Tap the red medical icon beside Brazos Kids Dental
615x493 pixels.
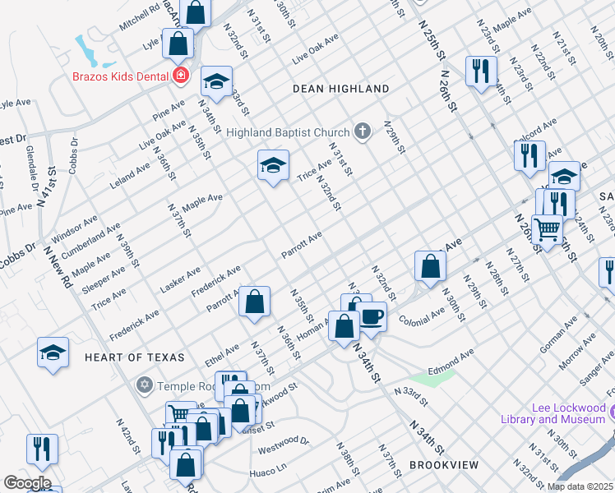181,76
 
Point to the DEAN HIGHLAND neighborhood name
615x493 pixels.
341,89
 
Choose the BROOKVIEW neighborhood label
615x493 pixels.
444,465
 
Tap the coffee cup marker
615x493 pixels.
372,316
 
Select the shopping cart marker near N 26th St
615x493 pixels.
547,229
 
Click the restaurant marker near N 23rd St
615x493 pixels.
480,70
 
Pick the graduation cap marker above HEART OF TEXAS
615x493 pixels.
53,352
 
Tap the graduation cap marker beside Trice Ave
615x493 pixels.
273,165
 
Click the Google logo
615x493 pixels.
27,482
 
